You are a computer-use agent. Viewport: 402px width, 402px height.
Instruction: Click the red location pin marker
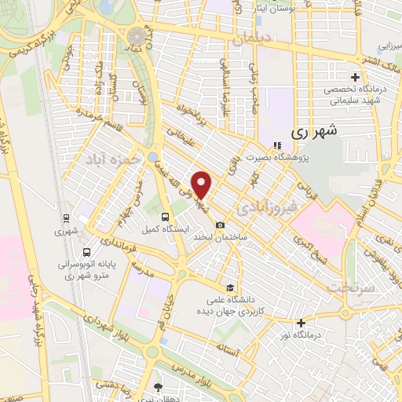tap(202, 184)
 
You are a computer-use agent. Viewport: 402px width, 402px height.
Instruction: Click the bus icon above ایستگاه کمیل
tap(164, 217)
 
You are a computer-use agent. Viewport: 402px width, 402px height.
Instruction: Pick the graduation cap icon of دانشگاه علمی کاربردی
tap(228, 287)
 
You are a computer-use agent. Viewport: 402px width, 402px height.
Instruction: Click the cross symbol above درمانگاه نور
tap(301, 322)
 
